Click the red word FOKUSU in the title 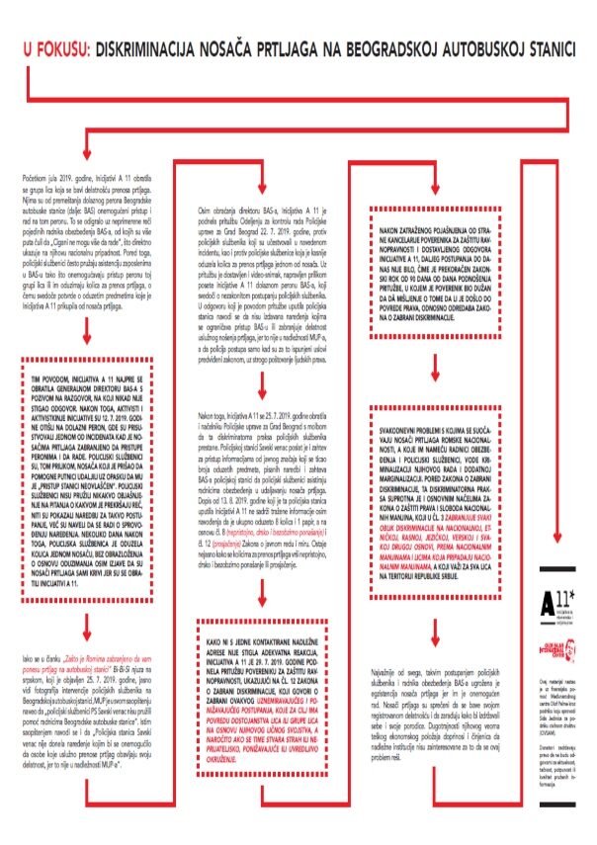63,46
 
